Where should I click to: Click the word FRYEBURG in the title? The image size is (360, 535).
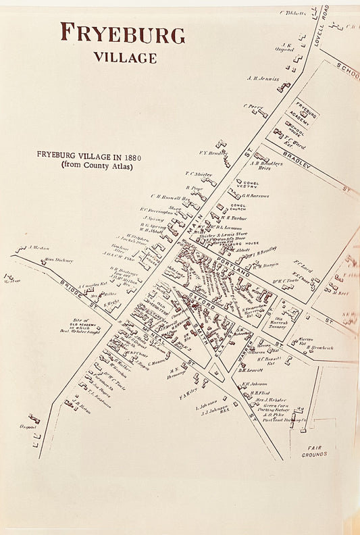point(122,33)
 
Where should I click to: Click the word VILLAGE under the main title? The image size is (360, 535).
point(125,57)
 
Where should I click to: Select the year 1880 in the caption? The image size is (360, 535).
point(131,155)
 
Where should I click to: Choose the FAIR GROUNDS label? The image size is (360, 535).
point(313,451)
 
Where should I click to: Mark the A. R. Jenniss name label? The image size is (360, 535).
point(263,78)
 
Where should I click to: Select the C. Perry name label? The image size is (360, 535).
point(253,106)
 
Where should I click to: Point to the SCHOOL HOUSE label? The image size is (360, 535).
point(295,128)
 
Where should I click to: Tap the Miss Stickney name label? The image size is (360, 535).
point(59,259)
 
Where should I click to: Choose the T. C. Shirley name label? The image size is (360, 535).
point(199,174)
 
